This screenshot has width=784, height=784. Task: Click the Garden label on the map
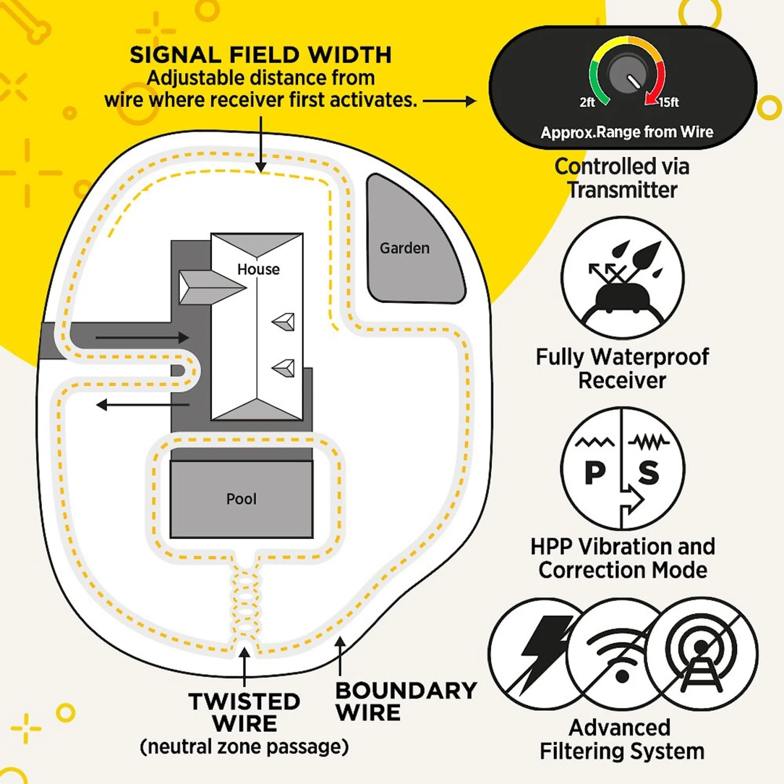(405, 248)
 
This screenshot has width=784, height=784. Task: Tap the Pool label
(241, 499)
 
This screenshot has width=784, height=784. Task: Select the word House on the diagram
(258, 269)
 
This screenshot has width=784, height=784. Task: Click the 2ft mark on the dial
(587, 102)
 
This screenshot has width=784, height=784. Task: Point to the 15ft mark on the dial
(668, 102)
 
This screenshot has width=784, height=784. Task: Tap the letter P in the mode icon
(595, 472)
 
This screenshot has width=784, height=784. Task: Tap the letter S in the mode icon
(649, 472)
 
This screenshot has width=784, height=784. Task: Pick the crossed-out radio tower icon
(701, 653)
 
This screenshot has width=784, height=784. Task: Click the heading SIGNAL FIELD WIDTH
(260, 55)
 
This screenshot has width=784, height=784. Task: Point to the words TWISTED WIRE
(244, 712)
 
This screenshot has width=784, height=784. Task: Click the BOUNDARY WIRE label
(406, 701)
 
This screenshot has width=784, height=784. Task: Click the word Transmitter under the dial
(622, 190)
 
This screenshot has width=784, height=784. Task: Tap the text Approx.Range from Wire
(626, 132)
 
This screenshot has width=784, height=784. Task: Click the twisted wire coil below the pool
(245, 601)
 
